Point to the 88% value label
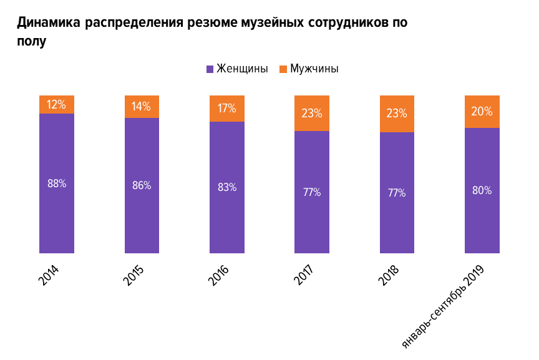(57, 183)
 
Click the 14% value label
(142, 107)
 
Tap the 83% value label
(227, 187)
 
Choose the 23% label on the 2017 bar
(312, 114)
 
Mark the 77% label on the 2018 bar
(397, 193)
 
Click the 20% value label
(482, 112)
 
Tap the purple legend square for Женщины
(210, 69)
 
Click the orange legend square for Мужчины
(283, 69)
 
